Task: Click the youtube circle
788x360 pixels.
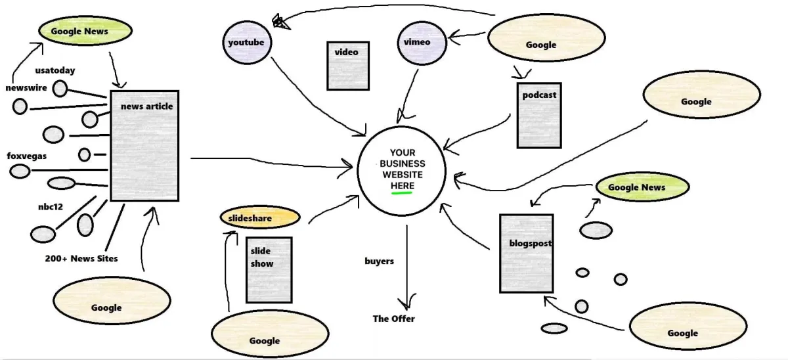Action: (247, 43)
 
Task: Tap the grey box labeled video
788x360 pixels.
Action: (348, 66)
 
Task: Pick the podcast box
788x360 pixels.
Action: (540, 116)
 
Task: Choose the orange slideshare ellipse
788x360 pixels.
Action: (259, 217)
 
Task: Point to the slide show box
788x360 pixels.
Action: (269, 270)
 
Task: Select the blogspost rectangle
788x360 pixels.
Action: (526, 253)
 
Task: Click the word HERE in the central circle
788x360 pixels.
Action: (403, 187)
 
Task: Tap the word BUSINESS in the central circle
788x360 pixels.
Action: (403, 164)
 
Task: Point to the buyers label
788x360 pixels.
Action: (379, 261)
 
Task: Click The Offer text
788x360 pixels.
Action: (393, 319)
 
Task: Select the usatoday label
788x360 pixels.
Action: (55, 70)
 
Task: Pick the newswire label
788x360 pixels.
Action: (26, 87)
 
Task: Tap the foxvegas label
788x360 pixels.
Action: (26, 156)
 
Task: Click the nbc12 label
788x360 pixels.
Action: (51, 206)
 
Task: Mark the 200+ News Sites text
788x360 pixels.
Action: (81, 258)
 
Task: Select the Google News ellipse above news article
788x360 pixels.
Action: (85, 31)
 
